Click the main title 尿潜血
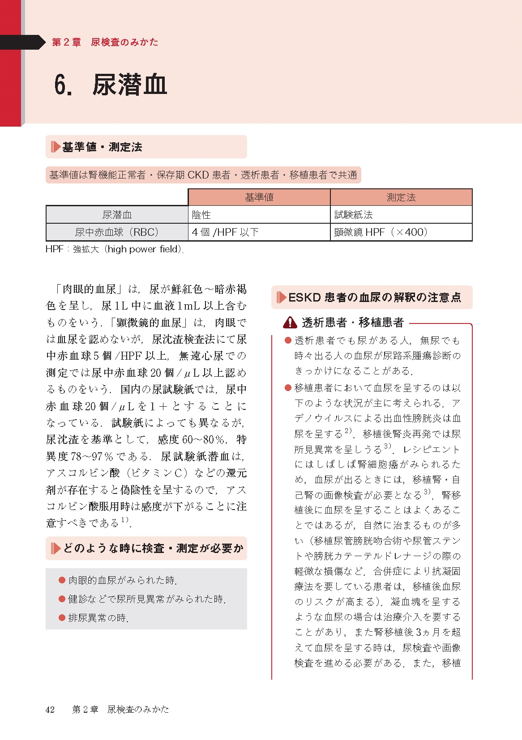pyautogui.click(x=129, y=85)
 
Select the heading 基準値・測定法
pyautogui.click(x=102, y=147)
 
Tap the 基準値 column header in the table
pyautogui.click(x=259, y=197)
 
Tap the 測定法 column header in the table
pyautogui.click(x=401, y=197)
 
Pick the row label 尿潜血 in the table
pyautogui.click(x=117, y=215)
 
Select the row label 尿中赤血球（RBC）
pyautogui.click(x=117, y=232)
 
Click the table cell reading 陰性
pyautogui.click(x=201, y=215)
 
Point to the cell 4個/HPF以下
pyautogui.click(x=225, y=232)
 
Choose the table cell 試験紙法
pyautogui.click(x=354, y=215)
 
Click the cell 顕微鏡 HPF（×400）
pyautogui.click(x=381, y=232)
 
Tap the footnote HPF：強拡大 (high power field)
pyautogui.click(x=115, y=249)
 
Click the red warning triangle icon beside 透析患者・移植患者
pyautogui.click(x=290, y=322)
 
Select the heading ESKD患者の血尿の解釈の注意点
pyautogui.click(x=374, y=298)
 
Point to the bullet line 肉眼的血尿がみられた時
pyautogui.click(x=122, y=580)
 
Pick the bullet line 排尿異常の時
pyautogui.click(x=98, y=618)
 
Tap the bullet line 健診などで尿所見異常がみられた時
pyautogui.click(x=147, y=599)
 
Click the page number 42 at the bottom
pyautogui.click(x=50, y=709)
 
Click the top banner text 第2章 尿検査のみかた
pyautogui.click(x=105, y=42)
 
